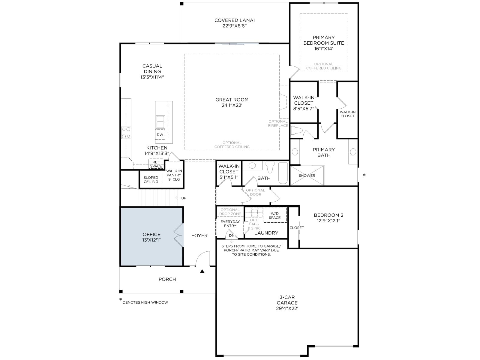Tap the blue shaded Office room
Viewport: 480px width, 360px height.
pyautogui.click(x=151, y=236)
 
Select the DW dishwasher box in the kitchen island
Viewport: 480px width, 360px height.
pyautogui.click(x=160, y=135)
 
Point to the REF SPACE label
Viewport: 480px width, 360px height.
pyautogui.click(x=156, y=164)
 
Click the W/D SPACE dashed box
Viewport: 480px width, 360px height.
pyautogui.click(x=275, y=215)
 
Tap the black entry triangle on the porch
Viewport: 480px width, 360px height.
pyautogui.click(x=202, y=271)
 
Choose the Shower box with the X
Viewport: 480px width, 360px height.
pyautogui.click(x=307, y=175)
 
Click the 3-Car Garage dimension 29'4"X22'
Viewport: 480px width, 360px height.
pyautogui.click(x=287, y=308)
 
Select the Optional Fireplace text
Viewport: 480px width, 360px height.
pyautogui.click(x=278, y=124)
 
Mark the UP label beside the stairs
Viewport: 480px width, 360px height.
pyautogui.click(x=184, y=198)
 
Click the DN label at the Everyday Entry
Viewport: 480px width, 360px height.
pyautogui.click(x=232, y=235)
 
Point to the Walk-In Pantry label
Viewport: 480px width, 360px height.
pyautogui.click(x=174, y=175)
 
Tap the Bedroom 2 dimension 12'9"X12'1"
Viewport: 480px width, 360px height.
pyautogui.click(x=328, y=221)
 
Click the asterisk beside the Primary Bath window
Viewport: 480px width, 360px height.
pyautogui.click(x=364, y=175)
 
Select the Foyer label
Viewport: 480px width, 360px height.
pyautogui.click(x=199, y=235)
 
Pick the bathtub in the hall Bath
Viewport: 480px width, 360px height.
pyautogui.click(x=283, y=173)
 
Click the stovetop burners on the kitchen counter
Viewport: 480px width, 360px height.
pyautogui.click(x=126, y=133)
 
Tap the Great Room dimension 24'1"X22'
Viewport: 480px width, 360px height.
pyautogui.click(x=232, y=105)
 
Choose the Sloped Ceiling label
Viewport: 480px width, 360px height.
pyautogui.click(x=151, y=180)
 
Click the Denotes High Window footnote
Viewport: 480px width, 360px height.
pyautogui.click(x=145, y=302)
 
